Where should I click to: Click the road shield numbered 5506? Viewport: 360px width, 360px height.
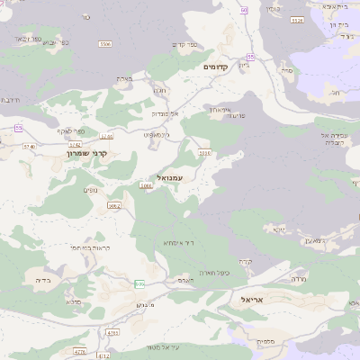click(105, 43)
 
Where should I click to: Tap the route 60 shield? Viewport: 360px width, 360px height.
click(244, 10)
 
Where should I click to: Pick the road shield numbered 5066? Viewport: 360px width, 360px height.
click(146, 186)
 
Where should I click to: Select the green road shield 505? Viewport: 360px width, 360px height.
click(139, 284)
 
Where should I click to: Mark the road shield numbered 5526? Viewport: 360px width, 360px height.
click(204, 154)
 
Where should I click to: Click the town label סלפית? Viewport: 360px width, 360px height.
click(265, 342)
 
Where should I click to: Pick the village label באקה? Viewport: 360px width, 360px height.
click(124, 79)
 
